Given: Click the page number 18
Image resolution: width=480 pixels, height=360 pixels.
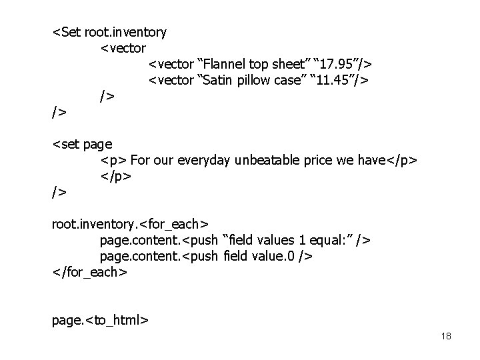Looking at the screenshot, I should [446, 336].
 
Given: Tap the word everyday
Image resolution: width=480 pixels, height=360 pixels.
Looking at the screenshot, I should [205, 160].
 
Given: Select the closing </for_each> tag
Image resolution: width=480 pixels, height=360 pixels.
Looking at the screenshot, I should [89, 273].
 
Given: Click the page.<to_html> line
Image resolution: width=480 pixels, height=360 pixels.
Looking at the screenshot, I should [100, 320].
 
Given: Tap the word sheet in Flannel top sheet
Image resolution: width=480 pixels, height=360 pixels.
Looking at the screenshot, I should [283, 64].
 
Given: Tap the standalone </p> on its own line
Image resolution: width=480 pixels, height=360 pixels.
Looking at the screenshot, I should [116, 177].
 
